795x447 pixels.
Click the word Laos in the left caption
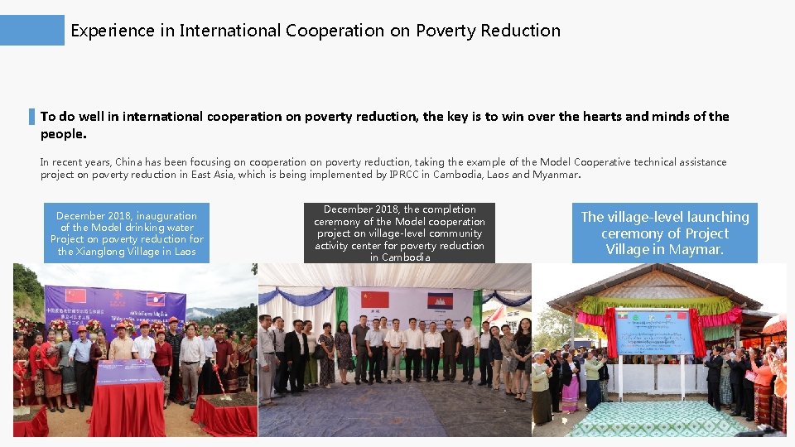point(184,252)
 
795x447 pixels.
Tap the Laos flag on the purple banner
point(154,299)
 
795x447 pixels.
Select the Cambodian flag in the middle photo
point(438,301)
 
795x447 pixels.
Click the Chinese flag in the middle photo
point(375,300)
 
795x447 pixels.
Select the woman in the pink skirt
point(570,385)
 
